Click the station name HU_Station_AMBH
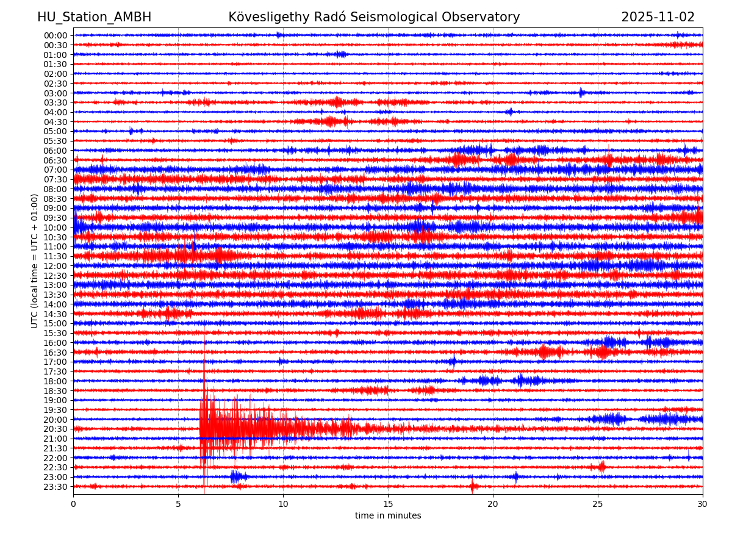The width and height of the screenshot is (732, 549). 94,17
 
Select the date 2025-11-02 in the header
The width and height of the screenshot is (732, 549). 658,17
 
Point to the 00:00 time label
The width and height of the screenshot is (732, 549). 55,35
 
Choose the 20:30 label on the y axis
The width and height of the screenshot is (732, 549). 55,429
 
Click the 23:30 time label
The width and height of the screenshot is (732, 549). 55,487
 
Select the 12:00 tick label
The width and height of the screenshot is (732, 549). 55,266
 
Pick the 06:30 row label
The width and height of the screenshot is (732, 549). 55,160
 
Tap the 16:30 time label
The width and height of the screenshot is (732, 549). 55,353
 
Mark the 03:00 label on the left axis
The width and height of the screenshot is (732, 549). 55,93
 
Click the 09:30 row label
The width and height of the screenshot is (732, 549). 55,218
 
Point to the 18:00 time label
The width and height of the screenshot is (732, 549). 55,381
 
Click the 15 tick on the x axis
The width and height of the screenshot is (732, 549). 388,504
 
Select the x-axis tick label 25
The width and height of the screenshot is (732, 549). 598,504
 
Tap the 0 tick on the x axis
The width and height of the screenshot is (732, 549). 73,504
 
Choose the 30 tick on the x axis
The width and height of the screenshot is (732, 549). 703,504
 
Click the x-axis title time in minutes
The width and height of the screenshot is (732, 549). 388,515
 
